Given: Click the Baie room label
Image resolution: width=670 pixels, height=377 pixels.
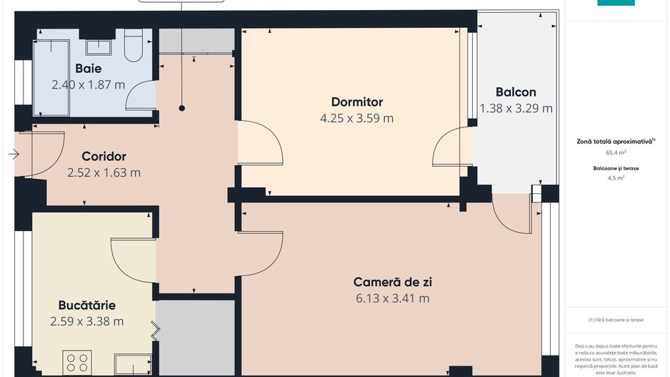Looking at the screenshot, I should (89, 69).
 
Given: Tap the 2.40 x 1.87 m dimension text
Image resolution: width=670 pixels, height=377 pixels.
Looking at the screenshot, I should (89, 84).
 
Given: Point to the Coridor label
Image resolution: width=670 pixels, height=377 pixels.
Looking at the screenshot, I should (104, 156).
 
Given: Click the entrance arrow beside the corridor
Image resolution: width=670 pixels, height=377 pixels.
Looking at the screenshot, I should (14, 154).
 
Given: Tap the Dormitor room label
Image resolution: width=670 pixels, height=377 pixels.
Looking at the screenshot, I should (357, 102).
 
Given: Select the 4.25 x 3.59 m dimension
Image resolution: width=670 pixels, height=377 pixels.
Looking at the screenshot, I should (357, 118).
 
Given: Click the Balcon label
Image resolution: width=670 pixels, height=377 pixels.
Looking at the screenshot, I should (516, 92).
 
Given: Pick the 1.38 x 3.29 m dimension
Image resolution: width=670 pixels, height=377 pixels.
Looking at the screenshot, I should (516, 108).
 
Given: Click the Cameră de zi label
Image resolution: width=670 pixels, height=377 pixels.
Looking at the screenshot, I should (392, 281).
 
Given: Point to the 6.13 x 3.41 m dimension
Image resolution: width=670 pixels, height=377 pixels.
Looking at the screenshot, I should (392, 298).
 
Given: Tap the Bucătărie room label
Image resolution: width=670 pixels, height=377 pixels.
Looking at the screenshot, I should (87, 305).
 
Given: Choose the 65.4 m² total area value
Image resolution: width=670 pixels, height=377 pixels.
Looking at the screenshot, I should (616, 152).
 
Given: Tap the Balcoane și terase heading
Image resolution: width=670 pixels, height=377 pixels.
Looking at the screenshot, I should (616, 168).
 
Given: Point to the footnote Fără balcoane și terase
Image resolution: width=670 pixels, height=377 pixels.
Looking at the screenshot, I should (616, 320).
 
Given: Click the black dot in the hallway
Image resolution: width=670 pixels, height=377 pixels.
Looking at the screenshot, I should (182, 109).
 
